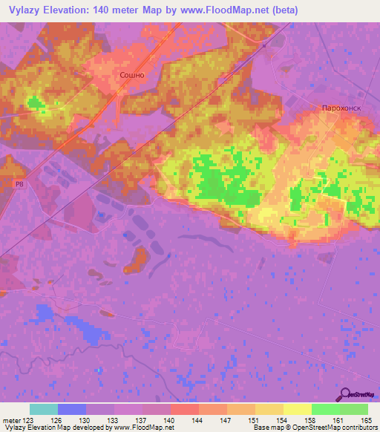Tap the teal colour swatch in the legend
pyautogui.click(x=44, y=409)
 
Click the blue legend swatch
pyautogui.click(x=72, y=409)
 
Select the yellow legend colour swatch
pyautogui.click(x=298, y=409)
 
